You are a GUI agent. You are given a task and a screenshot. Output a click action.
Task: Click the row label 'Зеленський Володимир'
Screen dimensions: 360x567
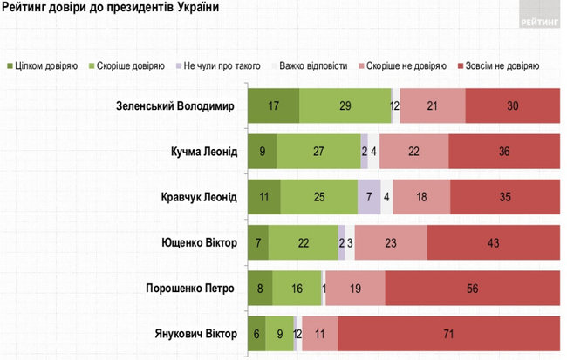[175, 106]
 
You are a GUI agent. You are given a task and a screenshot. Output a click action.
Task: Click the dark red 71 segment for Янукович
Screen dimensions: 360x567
[447, 333]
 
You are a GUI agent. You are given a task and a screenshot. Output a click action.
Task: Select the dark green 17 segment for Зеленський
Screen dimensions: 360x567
[273, 106]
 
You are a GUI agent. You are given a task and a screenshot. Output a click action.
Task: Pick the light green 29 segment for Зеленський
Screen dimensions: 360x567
[345, 106]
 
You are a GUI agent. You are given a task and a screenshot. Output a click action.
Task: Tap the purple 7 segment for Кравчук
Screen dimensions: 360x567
[369, 197]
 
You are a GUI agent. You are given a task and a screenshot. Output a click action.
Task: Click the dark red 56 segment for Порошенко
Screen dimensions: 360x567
[471, 288]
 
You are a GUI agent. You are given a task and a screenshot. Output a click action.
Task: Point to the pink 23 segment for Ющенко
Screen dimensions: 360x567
[390, 242]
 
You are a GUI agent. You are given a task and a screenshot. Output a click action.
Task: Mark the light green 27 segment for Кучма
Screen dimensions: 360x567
[318, 152]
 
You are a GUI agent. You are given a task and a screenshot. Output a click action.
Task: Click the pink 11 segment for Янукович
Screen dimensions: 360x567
[319, 333]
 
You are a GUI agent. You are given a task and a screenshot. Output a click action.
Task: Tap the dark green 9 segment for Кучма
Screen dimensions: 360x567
[262, 152]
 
